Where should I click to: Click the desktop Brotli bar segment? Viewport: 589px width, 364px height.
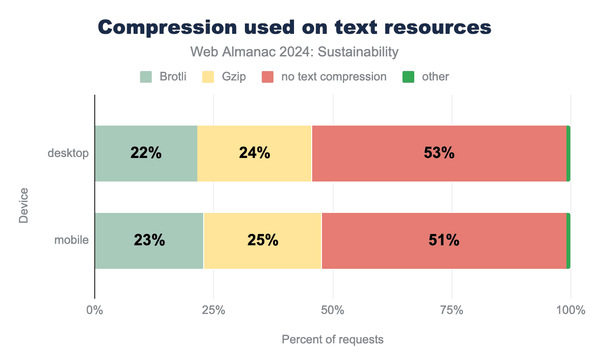(146, 154)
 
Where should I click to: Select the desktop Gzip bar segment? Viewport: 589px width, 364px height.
(254, 154)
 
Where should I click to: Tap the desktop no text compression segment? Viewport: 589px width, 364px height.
(439, 154)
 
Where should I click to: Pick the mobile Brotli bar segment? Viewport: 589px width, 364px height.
(149, 241)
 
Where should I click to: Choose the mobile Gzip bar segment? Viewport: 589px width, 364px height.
(262, 241)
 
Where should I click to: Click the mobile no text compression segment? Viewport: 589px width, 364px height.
(444, 241)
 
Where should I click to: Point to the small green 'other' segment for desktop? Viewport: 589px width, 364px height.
(568, 154)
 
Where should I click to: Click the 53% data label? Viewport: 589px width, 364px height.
(439, 154)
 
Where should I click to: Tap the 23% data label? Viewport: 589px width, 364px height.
(149, 241)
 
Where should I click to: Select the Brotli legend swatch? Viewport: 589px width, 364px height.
(146, 77)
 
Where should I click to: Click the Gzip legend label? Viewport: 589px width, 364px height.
(234, 77)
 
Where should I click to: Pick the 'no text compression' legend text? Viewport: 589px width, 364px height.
(334, 77)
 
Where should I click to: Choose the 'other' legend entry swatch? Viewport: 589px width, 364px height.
(408, 77)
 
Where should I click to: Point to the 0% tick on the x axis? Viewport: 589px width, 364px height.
(94, 311)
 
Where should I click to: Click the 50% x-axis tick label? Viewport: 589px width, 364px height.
(333, 311)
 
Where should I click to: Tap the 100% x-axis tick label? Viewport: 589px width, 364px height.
(571, 311)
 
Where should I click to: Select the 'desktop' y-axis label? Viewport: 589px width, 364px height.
(68, 154)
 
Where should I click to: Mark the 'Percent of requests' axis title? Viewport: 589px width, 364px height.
(332, 339)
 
